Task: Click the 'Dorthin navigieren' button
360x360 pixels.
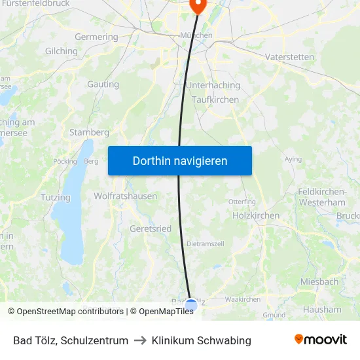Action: tap(180, 160)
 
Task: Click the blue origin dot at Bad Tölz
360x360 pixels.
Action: tap(190, 305)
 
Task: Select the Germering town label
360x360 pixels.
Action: tap(96, 37)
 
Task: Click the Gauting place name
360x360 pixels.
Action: tap(103, 84)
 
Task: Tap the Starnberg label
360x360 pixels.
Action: tap(89, 132)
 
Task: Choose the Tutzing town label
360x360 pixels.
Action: tap(55, 197)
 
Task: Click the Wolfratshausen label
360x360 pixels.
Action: tap(125, 196)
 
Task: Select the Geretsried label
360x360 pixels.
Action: tap(151, 229)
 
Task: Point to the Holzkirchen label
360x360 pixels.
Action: tap(256, 215)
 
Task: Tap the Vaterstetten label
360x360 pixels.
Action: tap(289, 57)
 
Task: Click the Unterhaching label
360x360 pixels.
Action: tap(213, 85)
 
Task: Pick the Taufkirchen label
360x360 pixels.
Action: tap(215, 99)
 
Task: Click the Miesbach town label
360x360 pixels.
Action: tap(319, 281)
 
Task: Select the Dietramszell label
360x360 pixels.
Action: tap(206, 243)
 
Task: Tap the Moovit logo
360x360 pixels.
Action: tap(320, 340)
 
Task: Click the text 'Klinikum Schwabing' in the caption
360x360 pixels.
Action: tap(201, 340)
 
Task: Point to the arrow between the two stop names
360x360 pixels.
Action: tap(140, 340)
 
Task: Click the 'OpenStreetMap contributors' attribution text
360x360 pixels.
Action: tap(70, 312)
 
